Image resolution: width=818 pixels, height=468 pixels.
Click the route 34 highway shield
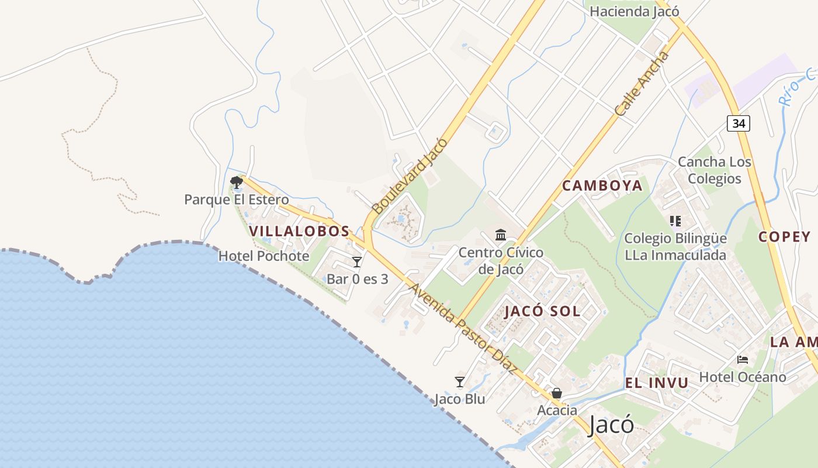(739, 123)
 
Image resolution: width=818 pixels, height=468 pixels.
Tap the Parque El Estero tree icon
(237, 183)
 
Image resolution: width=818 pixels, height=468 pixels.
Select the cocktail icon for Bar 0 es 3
(357, 261)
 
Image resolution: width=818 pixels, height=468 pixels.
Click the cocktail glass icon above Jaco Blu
(460, 382)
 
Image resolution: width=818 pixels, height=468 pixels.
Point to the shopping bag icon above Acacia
(557, 393)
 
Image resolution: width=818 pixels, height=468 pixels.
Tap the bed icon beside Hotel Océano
(743, 359)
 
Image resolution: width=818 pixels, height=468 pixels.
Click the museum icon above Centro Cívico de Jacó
(501, 235)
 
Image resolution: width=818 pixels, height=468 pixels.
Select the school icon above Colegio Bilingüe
(675, 221)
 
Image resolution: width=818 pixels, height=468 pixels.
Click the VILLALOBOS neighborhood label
(299, 231)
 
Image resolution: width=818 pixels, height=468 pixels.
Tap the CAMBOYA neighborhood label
(602, 186)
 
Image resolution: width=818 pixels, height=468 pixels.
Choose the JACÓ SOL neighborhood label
(542, 311)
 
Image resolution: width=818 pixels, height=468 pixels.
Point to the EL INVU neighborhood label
(657, 383)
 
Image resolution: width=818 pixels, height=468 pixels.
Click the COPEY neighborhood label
(784, 237)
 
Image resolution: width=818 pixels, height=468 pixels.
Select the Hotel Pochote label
(264, 256)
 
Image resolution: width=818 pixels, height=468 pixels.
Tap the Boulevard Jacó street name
(410, 175)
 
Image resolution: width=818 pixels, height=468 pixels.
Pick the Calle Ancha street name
(642, 84)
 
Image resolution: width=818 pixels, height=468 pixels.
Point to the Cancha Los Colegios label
(714, 170)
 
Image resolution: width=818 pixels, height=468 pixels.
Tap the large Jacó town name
(611, 425)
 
